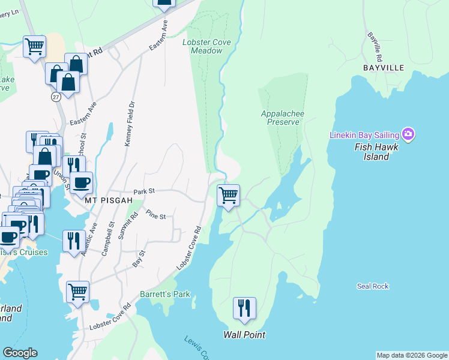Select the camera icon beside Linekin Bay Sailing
pyautogui.click(x=409, y=134)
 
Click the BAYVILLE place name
pyautogui.click(x=384, y=68)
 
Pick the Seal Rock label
pyautogui.click(x=373, y=287)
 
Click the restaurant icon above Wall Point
pyautogui.click(x=244, y=308)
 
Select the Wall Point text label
pyautogui.click(x=244, y=335)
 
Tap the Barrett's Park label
pyautogui.click(x=165, y=295)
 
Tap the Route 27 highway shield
pyautogui.click(x=56, y=96)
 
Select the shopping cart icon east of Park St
pyautogui.click(x=228, y=195)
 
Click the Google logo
pyautogui.click(x=20, y=353)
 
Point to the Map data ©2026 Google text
pyautogui.click(x=412, y=355)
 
